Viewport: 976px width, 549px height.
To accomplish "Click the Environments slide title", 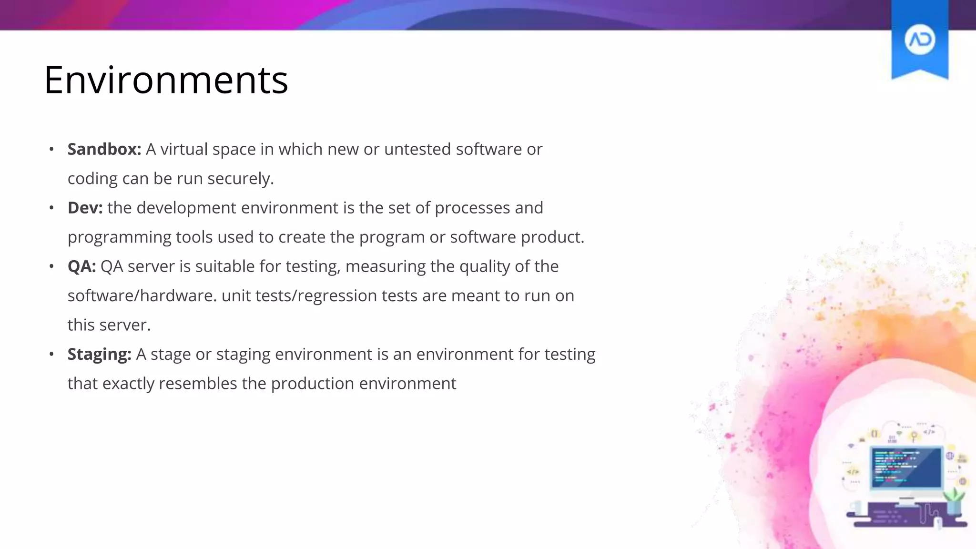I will click(x=166, y=80).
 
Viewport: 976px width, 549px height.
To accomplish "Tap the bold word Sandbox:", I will click(x=104, y=149).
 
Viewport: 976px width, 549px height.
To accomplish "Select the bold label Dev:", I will click(x=85, y=208).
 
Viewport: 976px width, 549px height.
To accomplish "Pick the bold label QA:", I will click(x=81, y=266).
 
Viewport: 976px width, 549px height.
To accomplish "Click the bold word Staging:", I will click(x=99, y=354).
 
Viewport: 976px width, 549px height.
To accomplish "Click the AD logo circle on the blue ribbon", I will click(x=919, y=40).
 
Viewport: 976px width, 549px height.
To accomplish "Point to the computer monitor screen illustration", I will click(x=906, y=468).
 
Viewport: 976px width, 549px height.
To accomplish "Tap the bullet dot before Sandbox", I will click(x=51, y=150).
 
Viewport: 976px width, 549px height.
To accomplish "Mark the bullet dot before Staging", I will click(x=51, y=355).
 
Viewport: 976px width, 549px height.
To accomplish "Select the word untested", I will click(x=417, y=149).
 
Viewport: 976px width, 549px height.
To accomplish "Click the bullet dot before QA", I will click(x=51, y=267).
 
